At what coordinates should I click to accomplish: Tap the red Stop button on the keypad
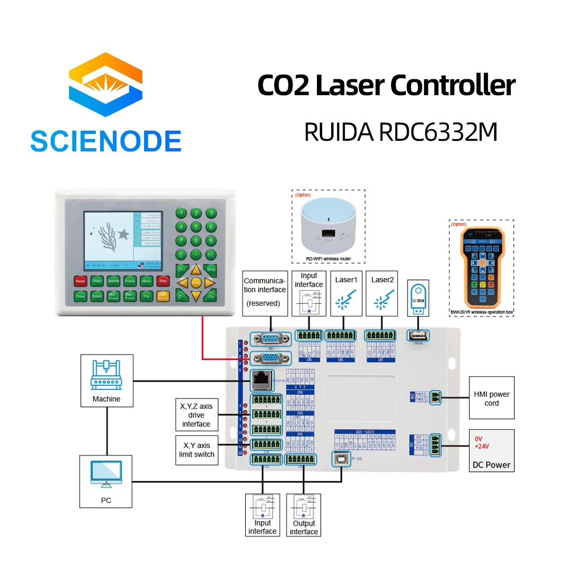[162, 281]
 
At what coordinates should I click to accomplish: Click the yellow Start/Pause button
[162, 296]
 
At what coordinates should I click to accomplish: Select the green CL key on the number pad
[211, 255]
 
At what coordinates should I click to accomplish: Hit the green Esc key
[211, 296]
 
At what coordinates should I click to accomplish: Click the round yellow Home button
[196, 282]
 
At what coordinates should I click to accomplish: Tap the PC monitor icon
[106, 474]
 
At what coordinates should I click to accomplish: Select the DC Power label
[491, 465]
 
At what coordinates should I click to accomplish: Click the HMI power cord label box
[491, 398]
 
